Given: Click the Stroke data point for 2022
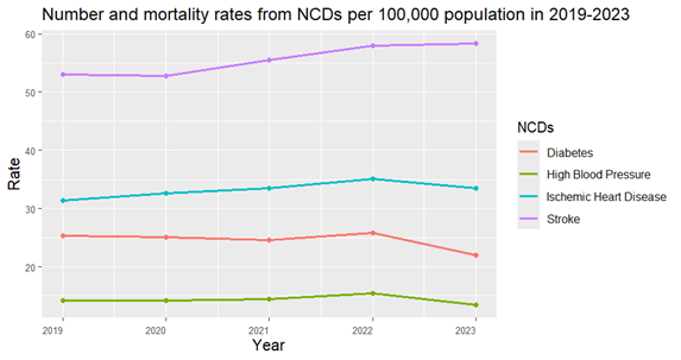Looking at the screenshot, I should [373, 46].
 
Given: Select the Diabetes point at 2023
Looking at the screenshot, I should [476, 255].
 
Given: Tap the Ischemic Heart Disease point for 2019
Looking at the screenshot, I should [63, 201].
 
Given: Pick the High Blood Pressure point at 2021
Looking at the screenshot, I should [269, 299].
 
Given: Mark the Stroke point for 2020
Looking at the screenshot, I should [166, 76].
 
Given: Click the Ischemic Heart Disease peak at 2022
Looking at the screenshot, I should [373, 179].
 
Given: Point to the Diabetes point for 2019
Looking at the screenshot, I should [63, 236].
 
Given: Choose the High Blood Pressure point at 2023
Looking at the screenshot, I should [476, 305].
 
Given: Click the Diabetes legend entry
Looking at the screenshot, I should [570, 153].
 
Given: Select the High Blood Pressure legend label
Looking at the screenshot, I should [598, 175].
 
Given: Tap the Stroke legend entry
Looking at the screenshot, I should [563, 219].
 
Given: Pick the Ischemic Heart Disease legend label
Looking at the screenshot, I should [606, 197].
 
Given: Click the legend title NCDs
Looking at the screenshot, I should [535, 128].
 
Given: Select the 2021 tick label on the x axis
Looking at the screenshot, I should [269, 331].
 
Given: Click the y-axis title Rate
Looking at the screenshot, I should [14, 174].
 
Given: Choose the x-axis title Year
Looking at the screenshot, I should [269, 345].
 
